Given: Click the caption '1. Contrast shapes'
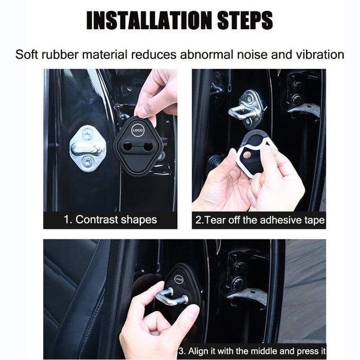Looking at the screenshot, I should click(110, 220).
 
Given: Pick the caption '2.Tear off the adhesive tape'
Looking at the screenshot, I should click(260, 220).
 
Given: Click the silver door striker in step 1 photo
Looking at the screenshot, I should click(88, 148).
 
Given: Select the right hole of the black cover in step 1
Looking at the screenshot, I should click(148, 147).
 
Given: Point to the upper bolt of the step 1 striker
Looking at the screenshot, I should click(87, 134).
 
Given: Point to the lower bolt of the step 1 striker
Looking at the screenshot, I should click(88, 163).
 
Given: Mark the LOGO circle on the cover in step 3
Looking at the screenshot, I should click(178, 279).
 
